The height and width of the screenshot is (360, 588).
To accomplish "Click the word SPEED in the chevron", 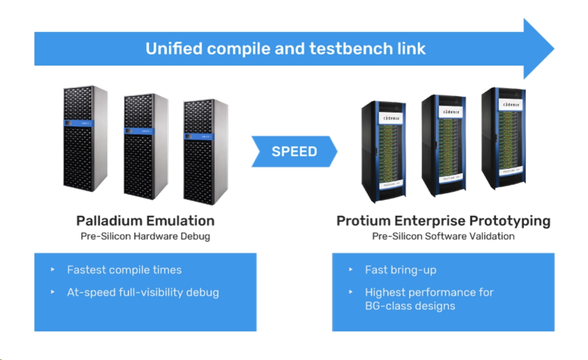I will coord(294,151).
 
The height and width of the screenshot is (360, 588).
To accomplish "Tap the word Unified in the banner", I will coord(173,49).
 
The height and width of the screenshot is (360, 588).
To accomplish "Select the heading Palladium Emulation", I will coord(145,221).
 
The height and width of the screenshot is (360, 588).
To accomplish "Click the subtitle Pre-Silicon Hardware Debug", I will coord(145,236).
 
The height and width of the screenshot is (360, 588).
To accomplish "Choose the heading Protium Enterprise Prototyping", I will coord(443,221).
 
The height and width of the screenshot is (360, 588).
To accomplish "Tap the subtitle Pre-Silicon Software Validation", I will coord(443,236).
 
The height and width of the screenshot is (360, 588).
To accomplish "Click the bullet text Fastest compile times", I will coord(124,270).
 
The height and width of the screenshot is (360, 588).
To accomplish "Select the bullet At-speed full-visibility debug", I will coord(143,292).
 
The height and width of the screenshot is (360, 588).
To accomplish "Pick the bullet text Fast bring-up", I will coord(401,270).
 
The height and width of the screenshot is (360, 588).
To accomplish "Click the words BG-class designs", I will coord(410,305).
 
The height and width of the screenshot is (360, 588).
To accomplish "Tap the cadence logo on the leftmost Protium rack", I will coord(392,118).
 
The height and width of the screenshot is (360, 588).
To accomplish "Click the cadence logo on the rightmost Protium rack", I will coord(511,105).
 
